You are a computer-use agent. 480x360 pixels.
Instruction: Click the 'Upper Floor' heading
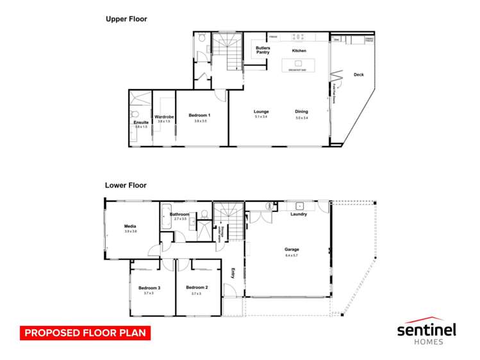point(126,19)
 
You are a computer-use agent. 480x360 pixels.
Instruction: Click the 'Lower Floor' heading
point(126,185)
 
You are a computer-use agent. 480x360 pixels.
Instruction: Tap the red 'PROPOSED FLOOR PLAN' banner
point(85,333)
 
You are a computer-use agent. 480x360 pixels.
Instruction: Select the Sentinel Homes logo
point(426,331)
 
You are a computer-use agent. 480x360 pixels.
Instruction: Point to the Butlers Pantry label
point(262,50)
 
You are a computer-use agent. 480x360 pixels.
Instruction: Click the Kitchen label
point(299,51)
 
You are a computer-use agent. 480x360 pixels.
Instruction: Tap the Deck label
point(358,75)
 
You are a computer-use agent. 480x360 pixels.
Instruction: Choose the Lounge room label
point(261,111)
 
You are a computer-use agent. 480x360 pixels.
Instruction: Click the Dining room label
point(301,111)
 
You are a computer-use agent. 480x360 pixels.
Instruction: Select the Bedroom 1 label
point(199,115)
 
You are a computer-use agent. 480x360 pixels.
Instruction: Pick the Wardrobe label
point(165,117)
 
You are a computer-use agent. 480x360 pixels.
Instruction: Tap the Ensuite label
point(141,122)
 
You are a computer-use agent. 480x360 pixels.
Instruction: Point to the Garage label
point(292,249)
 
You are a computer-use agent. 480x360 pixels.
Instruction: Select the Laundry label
point(299,214)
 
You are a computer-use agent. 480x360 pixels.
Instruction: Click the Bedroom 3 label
point(149,288)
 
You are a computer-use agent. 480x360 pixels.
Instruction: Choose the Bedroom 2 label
point(196,288)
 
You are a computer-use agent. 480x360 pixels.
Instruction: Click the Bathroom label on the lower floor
point(179,214)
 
